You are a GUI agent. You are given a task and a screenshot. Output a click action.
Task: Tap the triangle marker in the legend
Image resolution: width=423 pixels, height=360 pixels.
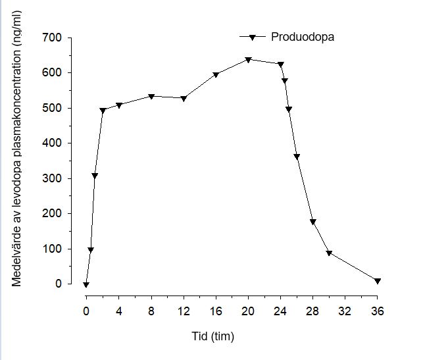(x=251, y=37)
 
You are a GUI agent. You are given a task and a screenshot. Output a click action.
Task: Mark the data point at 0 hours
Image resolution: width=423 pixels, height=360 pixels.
(x=86, y=284)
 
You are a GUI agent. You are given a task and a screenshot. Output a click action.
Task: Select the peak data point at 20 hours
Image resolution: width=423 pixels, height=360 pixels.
(x=248, y=60)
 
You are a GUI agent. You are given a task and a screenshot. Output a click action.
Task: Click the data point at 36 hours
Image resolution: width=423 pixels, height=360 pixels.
(x=378, y=281)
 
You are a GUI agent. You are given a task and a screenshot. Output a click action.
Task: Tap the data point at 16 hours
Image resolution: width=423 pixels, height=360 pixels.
(x=216, y=75)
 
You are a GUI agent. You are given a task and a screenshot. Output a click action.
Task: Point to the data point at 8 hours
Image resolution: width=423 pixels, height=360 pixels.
(x=151, y=97)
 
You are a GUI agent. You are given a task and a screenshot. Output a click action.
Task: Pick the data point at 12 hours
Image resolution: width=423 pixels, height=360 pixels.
(x=184, y=99)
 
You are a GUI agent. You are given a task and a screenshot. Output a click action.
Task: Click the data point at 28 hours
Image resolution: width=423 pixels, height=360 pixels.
(x=312, y=222)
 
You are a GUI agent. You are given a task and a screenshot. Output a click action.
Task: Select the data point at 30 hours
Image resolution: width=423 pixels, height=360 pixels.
(x=329, y=253)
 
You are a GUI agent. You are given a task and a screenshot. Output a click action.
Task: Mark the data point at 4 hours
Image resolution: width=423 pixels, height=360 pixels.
(x=118, y=105)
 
